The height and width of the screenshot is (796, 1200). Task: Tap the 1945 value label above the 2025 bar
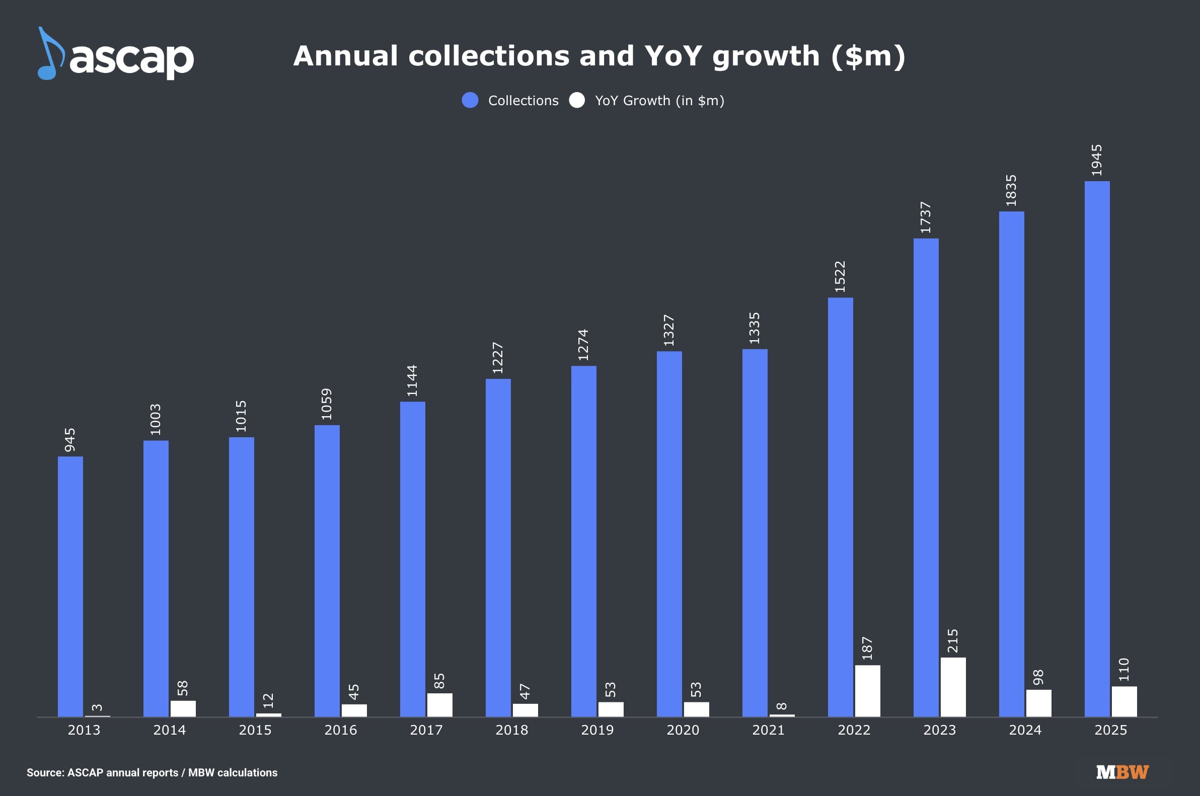point(1097,161)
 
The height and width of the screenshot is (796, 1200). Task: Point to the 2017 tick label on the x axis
point(426,730)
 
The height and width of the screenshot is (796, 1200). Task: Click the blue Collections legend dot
point(470,100)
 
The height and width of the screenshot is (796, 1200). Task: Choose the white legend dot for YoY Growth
point(577,100)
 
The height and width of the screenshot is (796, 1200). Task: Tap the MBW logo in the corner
point(1122,772)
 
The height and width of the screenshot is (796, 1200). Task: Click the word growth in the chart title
point(766,56)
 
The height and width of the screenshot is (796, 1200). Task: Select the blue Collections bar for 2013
point(70,586)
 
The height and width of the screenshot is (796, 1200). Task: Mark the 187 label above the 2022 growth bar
point(867,648)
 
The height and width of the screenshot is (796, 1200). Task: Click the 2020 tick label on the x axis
point(683,730)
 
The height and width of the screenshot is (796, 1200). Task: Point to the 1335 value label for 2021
point(755,328)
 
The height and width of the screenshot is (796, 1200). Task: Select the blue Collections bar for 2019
point(583,541)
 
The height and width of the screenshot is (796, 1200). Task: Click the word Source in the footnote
point(45,773)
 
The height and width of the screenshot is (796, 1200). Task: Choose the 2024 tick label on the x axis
point(1025,730)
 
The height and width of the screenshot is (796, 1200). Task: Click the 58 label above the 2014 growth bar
point(183,688)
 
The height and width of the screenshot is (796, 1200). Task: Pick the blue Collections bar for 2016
point(327,571)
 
